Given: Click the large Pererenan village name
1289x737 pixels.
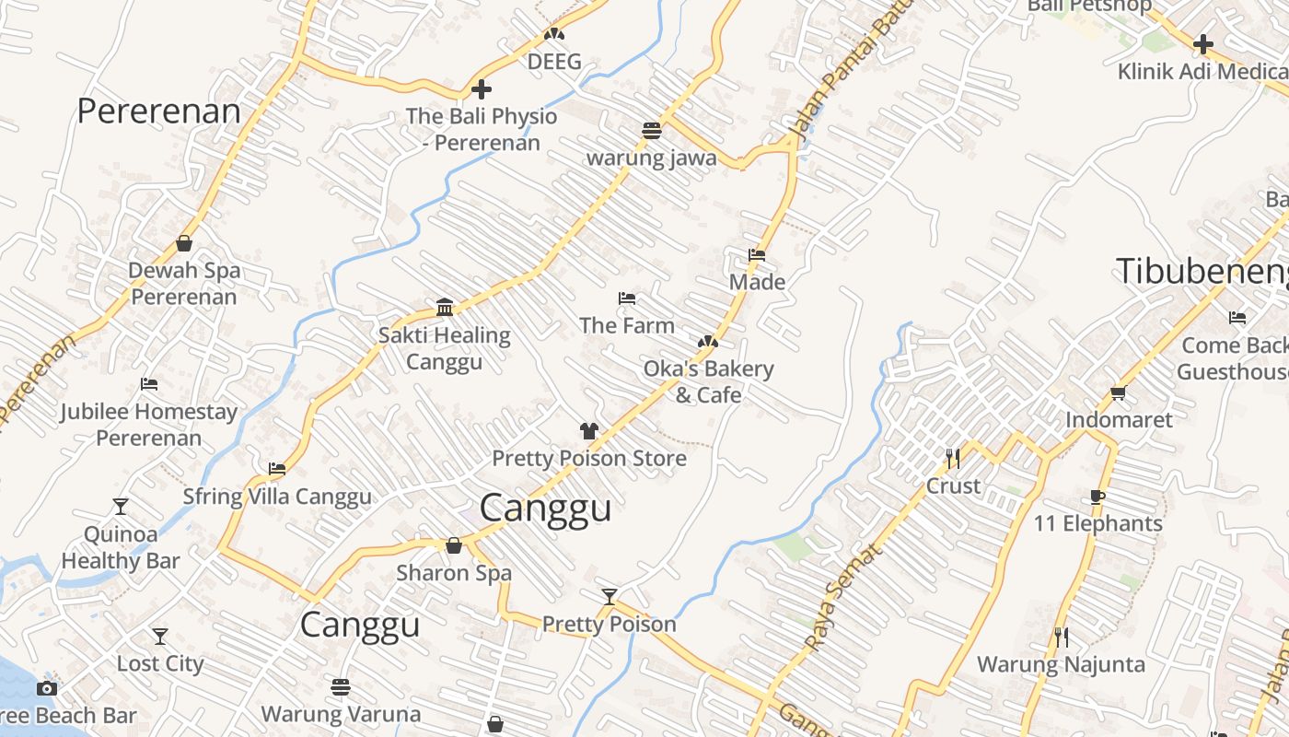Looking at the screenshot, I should pos(158,111).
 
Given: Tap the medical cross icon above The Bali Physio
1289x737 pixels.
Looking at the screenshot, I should pos(481,89).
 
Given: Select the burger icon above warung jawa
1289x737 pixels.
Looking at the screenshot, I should pos(652,131).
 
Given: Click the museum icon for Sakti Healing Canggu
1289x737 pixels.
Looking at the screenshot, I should pos(445,307).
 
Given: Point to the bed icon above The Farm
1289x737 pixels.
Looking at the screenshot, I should pos(627,298).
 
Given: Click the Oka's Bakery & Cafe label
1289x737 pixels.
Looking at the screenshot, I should pos(708,381).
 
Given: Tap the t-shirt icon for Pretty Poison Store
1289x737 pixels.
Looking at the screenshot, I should pos(589,430).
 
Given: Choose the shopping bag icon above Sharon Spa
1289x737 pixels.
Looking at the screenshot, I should pos(454,545).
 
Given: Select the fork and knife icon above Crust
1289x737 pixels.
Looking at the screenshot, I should pos(953,458).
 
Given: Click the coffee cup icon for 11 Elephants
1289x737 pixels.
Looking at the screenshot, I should pos(1097,497).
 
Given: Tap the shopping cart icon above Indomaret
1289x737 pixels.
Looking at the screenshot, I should pos(1119,393).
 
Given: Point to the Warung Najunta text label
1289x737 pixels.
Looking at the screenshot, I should pos(1061,664).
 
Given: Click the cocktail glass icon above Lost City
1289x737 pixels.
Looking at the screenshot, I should pos(160,637).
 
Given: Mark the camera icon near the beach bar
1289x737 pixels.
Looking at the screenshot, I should pos(47,688).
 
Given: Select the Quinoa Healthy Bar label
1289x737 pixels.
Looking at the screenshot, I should pos(121,547).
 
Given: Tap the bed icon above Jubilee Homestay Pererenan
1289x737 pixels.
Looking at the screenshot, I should pos(149,384).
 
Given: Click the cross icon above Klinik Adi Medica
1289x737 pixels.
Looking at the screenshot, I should pos(1202,44).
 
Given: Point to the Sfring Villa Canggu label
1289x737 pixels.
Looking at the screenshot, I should pos(277,497).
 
